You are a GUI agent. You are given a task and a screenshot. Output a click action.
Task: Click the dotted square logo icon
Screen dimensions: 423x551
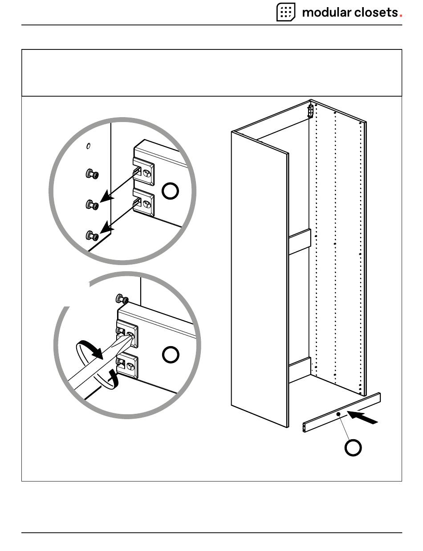tap(286, 12)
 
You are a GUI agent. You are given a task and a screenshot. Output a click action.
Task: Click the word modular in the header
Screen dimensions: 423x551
tap(326, 12)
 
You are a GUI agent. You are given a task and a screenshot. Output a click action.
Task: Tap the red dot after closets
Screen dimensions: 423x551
tap(401, 16)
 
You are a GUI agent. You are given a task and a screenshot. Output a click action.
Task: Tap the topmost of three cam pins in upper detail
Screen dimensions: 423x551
tap(92, 174)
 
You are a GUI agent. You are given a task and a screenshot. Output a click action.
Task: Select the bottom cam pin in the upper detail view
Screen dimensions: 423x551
tap(92, 235)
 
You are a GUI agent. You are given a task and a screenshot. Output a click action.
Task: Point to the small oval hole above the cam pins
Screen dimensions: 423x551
tap(89, 146)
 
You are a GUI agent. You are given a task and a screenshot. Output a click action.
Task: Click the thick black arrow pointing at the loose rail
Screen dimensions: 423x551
tap(364, 418)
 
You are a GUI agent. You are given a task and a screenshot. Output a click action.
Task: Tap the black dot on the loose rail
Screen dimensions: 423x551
tap(338, 414)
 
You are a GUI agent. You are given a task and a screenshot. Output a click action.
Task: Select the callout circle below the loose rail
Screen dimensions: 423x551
tap(353, 448)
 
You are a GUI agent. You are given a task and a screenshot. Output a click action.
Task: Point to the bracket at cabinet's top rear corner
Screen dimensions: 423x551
tap(312, 111)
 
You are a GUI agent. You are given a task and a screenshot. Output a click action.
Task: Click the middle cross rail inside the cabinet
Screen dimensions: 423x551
tap(299, 242)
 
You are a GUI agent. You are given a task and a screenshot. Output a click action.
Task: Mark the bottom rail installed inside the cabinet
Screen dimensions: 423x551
tap(299, 370)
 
